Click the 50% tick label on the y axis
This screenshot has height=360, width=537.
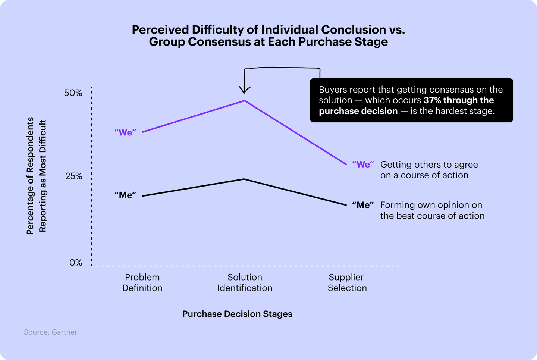pos(73,93)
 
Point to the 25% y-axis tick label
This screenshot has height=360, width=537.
pos(74,176)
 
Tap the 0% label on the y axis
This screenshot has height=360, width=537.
pos(76,263)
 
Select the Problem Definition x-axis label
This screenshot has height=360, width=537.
pos(142,282)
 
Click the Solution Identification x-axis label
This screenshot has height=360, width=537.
pos(245,282)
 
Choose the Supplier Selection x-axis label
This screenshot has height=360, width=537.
pos(347,282)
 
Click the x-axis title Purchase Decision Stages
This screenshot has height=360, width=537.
pos(237,314)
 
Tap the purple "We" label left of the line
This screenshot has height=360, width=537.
pos(125,132)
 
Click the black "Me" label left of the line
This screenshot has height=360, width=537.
pos(125,195)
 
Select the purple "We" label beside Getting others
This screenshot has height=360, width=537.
pos(363,165)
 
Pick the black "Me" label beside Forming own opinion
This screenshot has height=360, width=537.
pos(363,205)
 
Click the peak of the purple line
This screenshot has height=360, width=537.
pos(244,101)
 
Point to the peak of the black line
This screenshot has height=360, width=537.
pos(244,179)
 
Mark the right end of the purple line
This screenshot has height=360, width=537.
pos(346,164)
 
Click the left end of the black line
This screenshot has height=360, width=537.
pos(143,196)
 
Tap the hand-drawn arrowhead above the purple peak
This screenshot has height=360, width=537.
pos(244,91)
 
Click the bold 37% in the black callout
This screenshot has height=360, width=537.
pos(432,100)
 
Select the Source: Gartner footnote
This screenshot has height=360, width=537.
pos(51,332)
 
